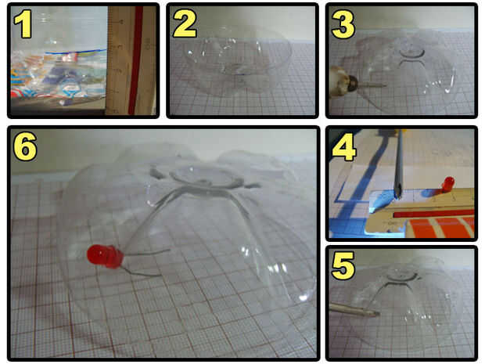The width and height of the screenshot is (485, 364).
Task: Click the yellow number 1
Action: (x=23, y=23)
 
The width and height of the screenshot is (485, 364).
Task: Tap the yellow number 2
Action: (x=185, y=23)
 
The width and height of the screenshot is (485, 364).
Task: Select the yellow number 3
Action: (x=343, y=23)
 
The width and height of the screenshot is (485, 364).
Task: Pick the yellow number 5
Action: (x=343, y=265)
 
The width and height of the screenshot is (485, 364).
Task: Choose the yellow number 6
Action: (x=25, y=146)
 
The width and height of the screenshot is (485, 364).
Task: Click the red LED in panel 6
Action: (x=106, y=256)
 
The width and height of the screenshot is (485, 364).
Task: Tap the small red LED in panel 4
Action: (x=448, y=184)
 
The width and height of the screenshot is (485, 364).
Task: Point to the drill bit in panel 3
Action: (x=372, y=85)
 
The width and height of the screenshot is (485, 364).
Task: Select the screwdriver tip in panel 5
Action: (x=374, y=313)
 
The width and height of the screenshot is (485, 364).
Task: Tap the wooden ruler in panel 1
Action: (x=131, y=61)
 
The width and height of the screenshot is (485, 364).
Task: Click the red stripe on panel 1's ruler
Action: (x=136, y=60)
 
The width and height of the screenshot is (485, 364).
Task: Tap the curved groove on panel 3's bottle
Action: (x=411, y=55)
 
